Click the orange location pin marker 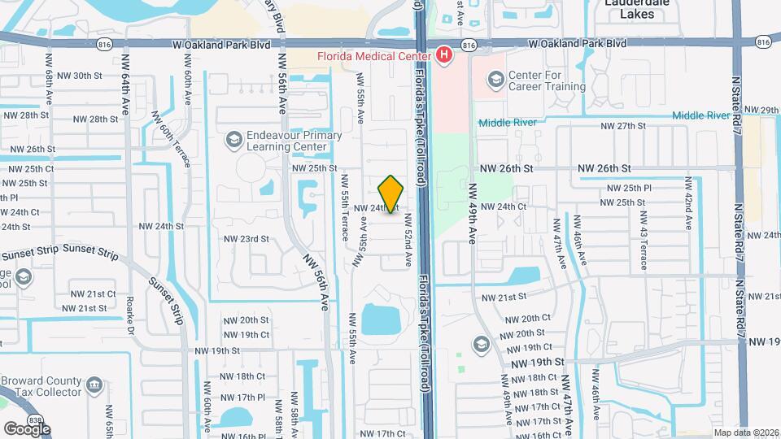click(x=391, y=194)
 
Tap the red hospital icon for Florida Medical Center click(x=444, y=55)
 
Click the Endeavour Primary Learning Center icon click(x=234, y=141)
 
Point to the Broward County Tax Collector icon click(x=95, y=383)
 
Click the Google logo click(x=27, y=428)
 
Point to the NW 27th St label click(x=622, y=126)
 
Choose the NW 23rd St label click(x=246, y=239)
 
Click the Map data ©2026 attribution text click(x=746, y=432)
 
